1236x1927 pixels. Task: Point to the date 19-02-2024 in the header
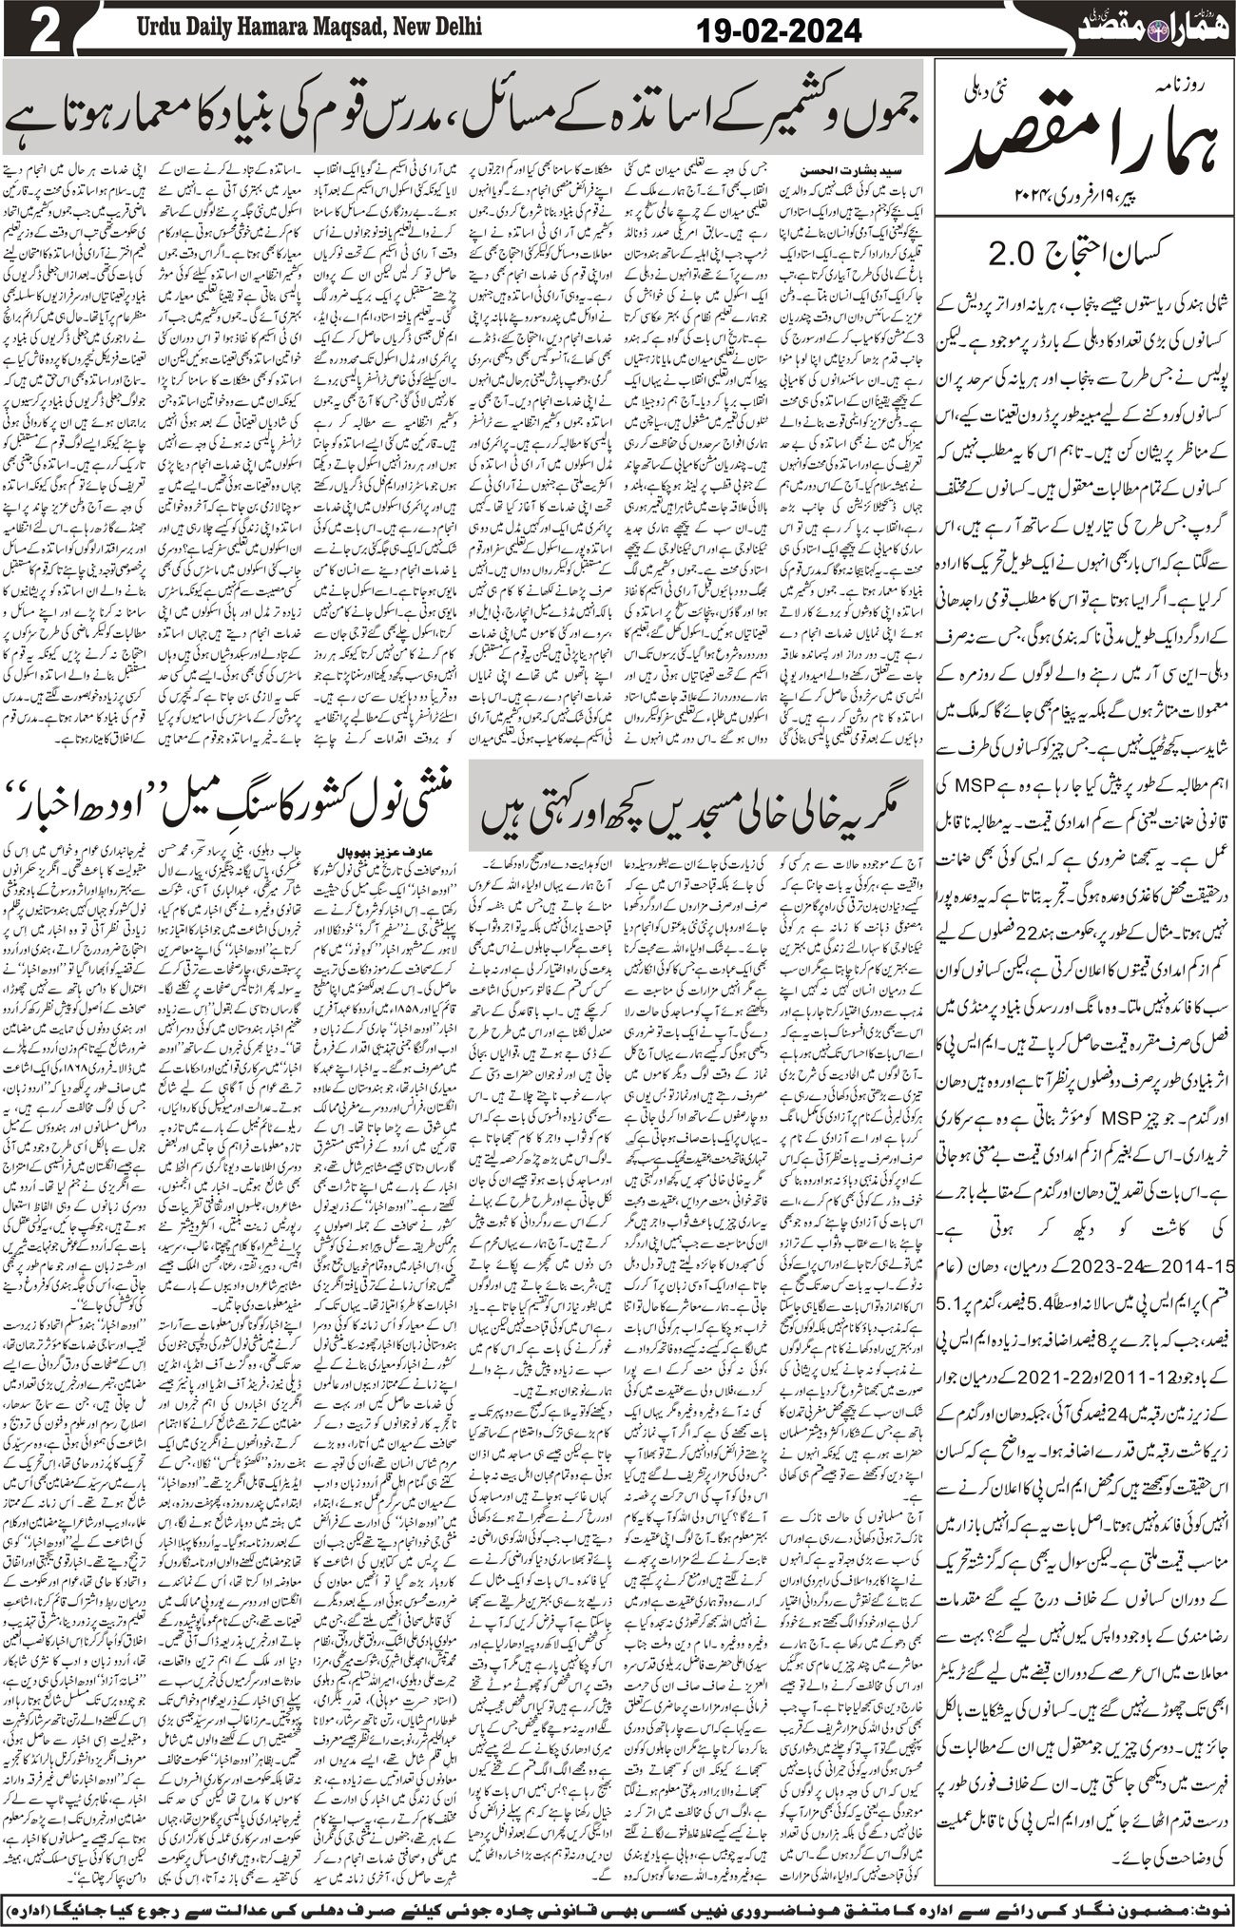pyautogui.click(x=780, y=31)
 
